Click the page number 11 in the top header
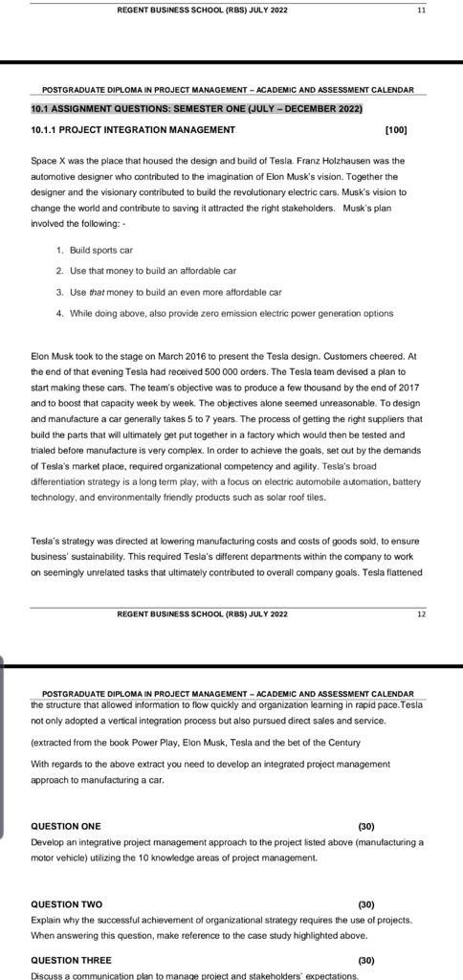click(x=421, y=10)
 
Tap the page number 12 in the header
click(x=421, y=613)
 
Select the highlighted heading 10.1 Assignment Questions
click(x=197, y=109)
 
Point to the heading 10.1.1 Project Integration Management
click(x=133, y=129)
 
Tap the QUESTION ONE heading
click(x=66, y=826)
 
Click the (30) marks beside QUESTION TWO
click(x=365, y=904)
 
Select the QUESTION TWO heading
click(x=67, y=904)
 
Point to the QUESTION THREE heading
click(x=72, y=960)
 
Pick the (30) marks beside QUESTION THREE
click(x=365, y=960)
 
